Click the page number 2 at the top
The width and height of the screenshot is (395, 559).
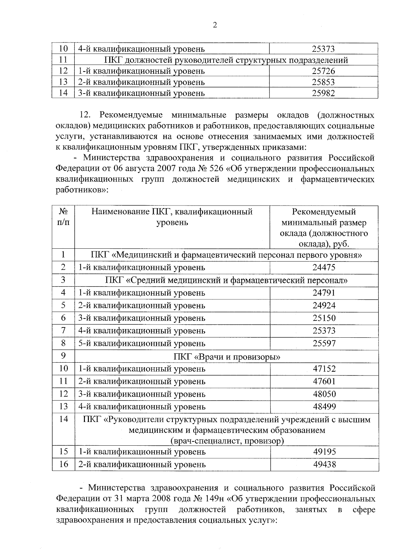pos(215,25)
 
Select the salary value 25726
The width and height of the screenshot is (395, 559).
pos(323,71)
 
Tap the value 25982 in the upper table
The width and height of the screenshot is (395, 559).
pos(323,93)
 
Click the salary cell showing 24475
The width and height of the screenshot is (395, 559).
pos(324,267)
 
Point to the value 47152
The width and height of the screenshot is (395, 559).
pos(324,369)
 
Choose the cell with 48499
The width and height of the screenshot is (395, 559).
pos(324,406)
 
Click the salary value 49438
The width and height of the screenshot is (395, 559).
pos(324,464)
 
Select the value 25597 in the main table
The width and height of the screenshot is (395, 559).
pos(324,343)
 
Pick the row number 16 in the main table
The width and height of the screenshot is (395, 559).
pos(63,464)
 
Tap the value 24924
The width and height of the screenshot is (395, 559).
pos(324,305)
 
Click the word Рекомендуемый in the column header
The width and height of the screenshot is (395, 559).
pos(324,212)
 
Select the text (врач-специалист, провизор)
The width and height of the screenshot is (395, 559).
pos(227,441)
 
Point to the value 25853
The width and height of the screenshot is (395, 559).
pos(323,82)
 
